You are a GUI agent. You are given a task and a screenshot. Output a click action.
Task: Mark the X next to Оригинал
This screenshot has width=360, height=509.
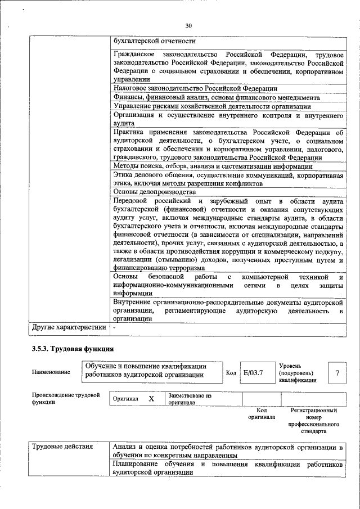tap(151, 399)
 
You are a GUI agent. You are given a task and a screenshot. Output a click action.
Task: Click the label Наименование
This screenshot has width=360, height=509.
tap(51, 372)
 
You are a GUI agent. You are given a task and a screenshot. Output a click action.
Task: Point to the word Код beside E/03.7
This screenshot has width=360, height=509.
tap(231, 372)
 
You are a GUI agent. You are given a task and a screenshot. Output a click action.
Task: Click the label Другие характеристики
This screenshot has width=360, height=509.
tap(69, 327)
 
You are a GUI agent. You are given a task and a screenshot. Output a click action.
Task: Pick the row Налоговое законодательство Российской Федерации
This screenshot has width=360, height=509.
tap(195, 88)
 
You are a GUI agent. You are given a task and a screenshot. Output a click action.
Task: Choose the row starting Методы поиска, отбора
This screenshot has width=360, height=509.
tap(213, 166)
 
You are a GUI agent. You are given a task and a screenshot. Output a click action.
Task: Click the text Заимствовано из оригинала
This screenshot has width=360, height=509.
tap(189, 399)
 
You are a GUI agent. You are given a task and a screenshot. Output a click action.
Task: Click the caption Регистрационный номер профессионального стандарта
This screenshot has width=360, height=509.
tap(313, 421)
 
